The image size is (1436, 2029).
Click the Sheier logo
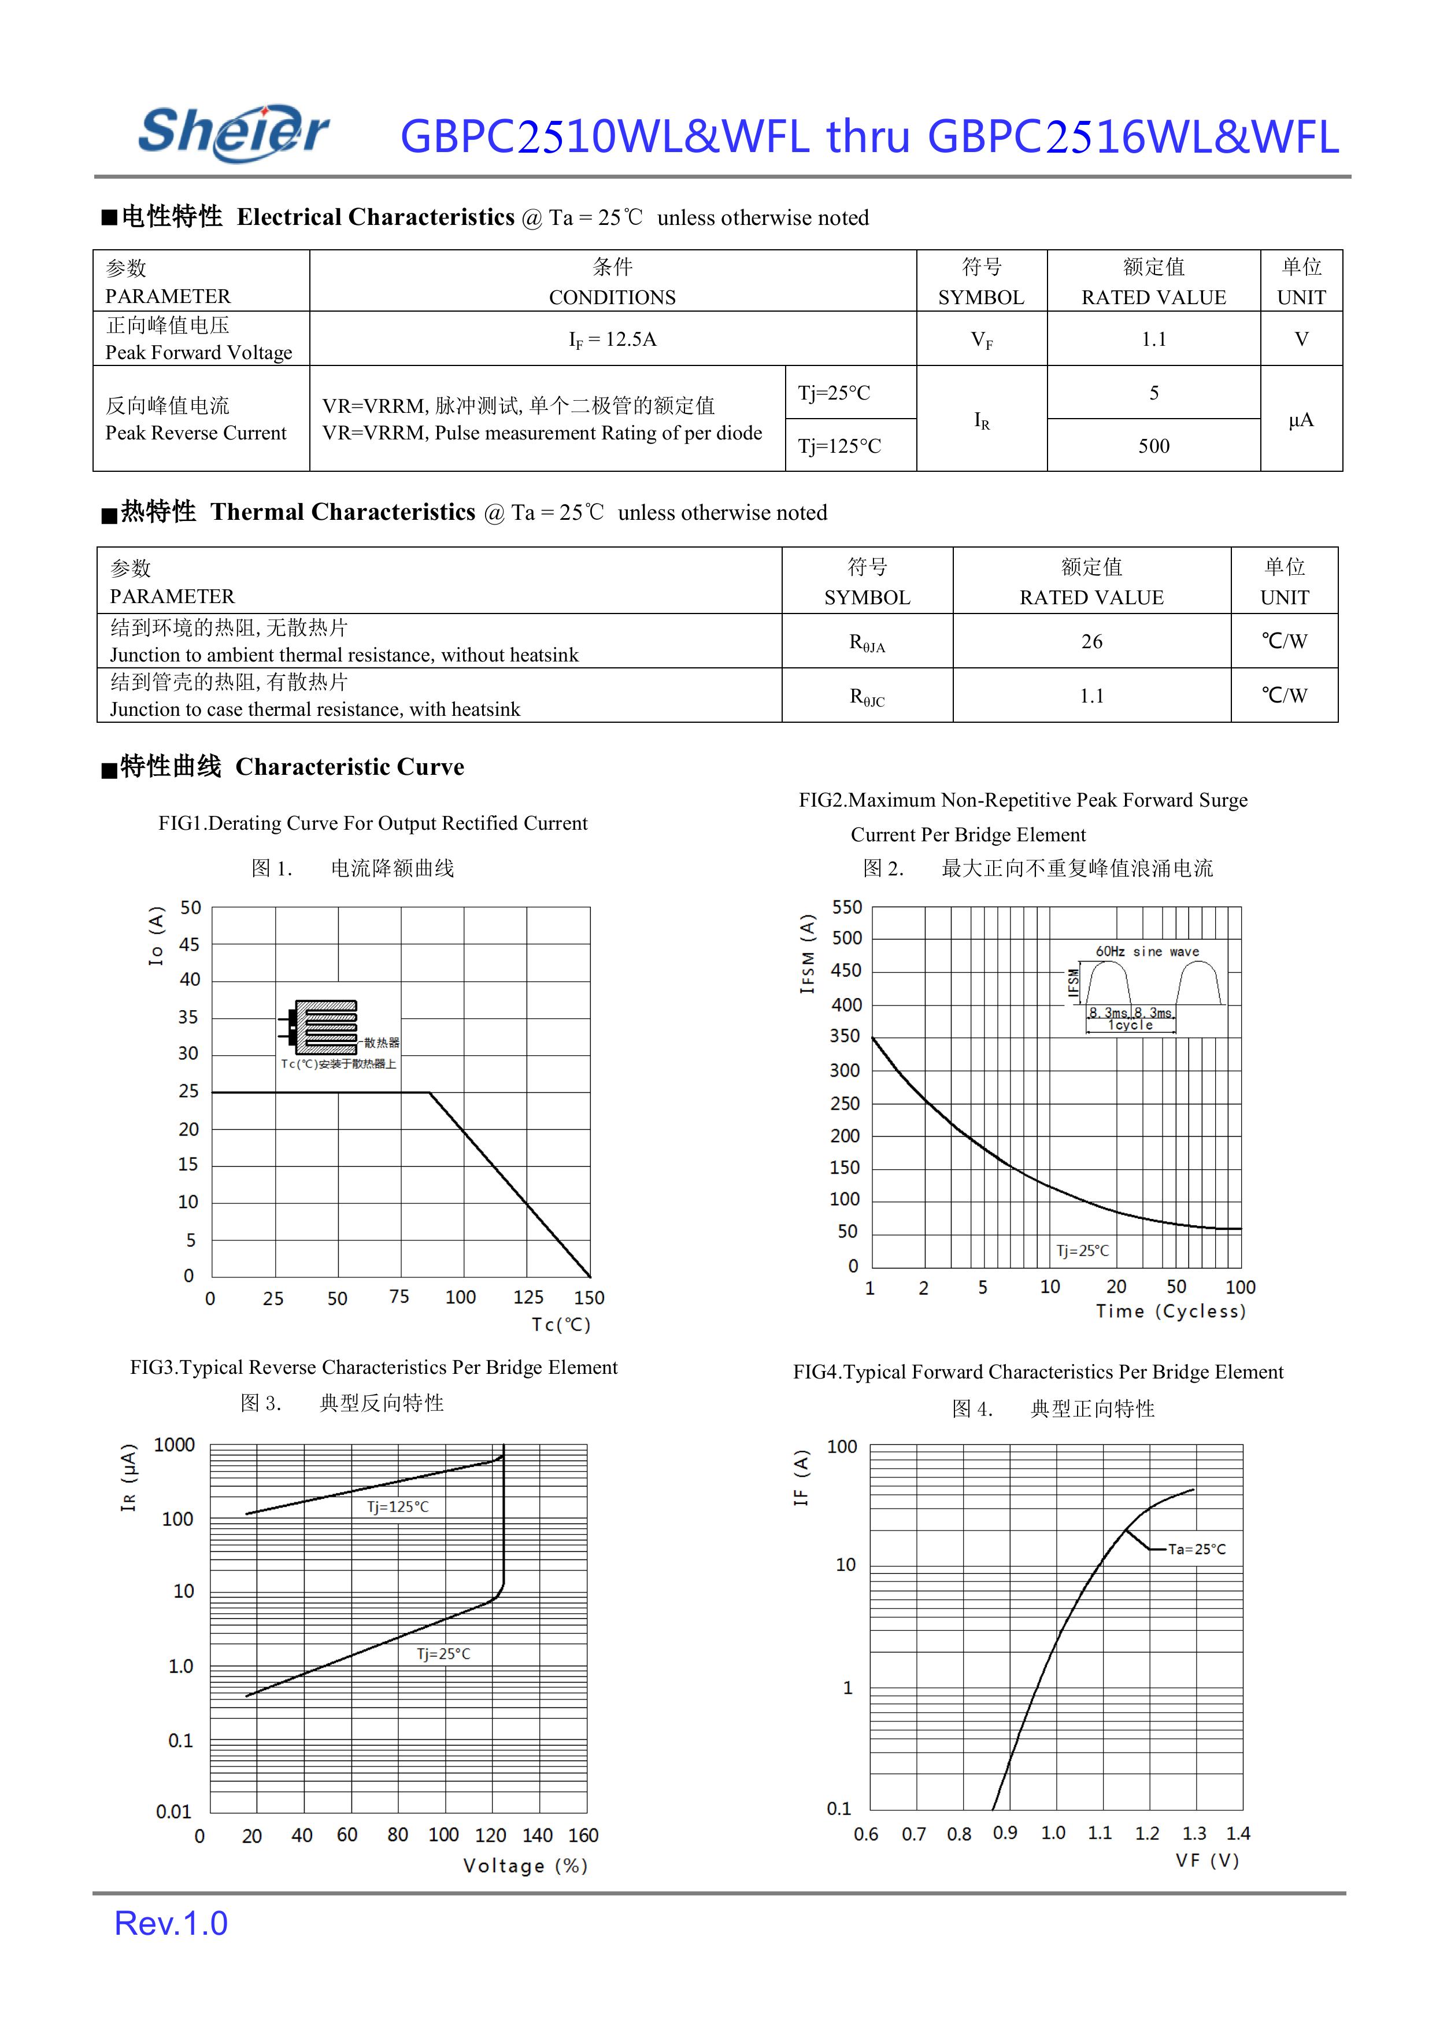234,132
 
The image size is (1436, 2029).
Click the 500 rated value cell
1153,446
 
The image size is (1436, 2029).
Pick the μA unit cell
1301,419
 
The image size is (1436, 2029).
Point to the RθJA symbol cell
867,642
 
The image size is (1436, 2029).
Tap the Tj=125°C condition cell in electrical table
839,446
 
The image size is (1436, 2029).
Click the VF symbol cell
982,339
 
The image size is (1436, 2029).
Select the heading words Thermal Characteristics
343,512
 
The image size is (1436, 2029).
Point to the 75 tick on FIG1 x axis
399,1296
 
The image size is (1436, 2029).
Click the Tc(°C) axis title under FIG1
561,1324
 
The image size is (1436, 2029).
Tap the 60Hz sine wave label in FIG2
1147,952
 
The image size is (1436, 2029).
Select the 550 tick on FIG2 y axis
846,907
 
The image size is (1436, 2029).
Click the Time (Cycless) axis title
1171,1311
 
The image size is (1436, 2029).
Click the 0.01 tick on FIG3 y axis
173,1812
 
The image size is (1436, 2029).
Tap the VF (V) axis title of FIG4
1207,1861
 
